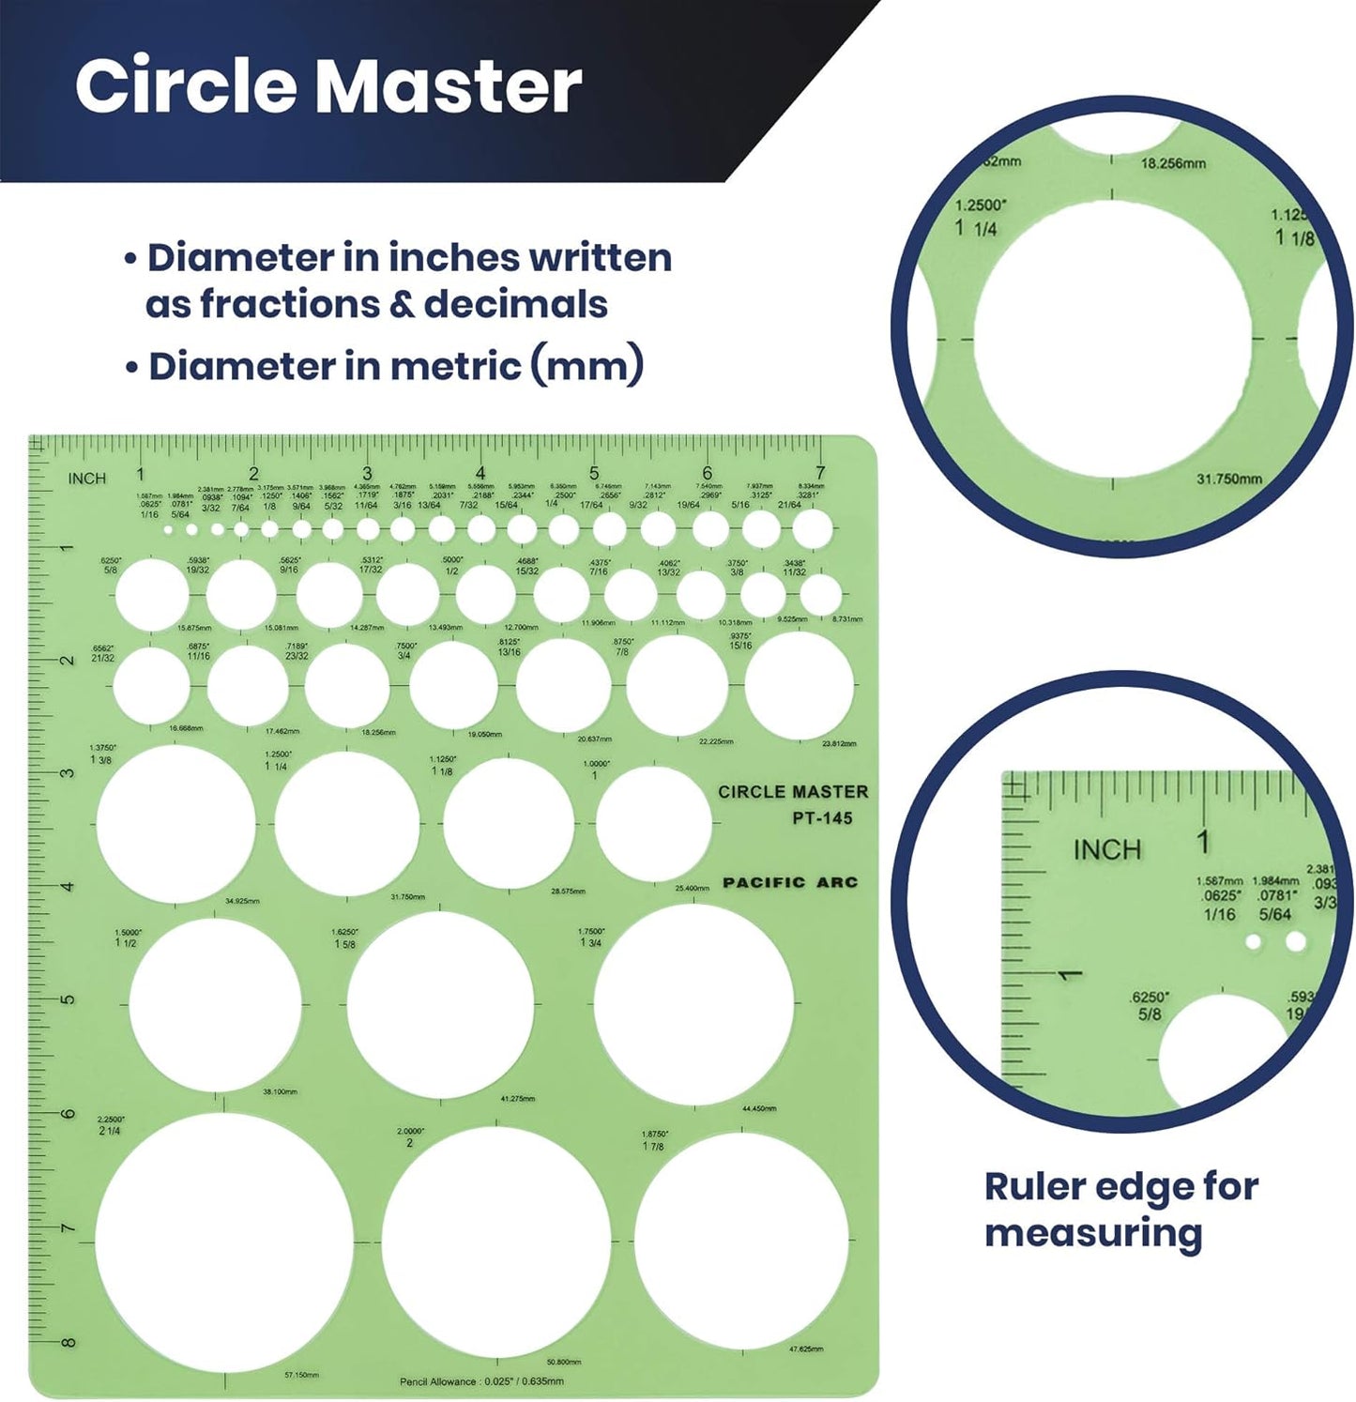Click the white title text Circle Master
click(x=328, y=86)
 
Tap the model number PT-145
click(x=822, y=818)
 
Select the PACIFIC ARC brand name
click(x=790, y=882)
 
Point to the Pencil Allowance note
click(x=481, y=1381)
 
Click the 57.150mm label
click(x=301, y=1375)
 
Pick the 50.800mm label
click(x=563, y=1362)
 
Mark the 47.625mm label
click(x=806, y=1349)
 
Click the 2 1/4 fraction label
click(x=109, y=1130)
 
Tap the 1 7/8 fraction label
click(x=653, y=1146)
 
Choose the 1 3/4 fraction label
click(x=590, y=942)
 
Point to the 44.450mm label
click(x=759, y=1108)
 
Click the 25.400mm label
click(x=692, y=888)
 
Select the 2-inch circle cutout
click(x=496, y=1242)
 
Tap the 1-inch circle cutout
click(x=653, y=823)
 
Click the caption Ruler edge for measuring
click(x=1120, y=1210)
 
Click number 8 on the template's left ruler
click(x=69, y=1343)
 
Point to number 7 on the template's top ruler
click(x=820, y=474)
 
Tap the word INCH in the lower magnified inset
click(x=1107, y=850)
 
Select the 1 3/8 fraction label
click(x=100, y=760)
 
